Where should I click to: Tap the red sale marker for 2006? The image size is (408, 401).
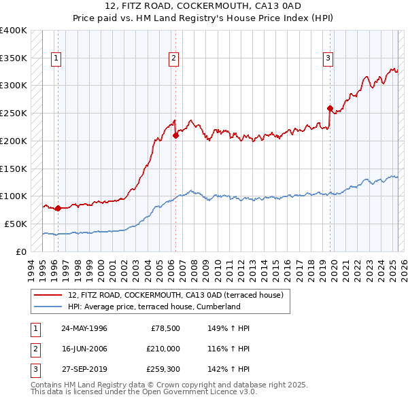175,135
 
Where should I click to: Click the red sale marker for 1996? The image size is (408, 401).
58,208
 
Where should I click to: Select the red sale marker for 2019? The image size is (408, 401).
330,108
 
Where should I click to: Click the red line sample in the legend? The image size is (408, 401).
48,295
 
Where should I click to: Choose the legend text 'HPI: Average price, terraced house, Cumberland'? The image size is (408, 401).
154,307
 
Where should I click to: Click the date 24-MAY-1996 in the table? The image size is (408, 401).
84,328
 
